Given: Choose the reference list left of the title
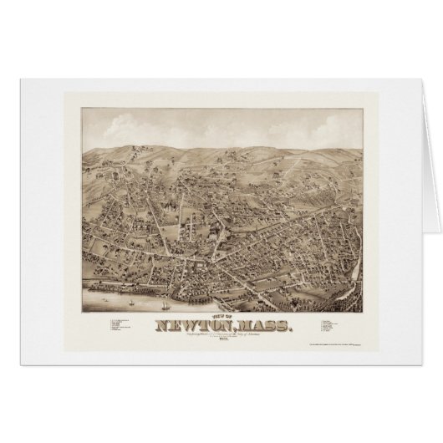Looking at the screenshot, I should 116,326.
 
